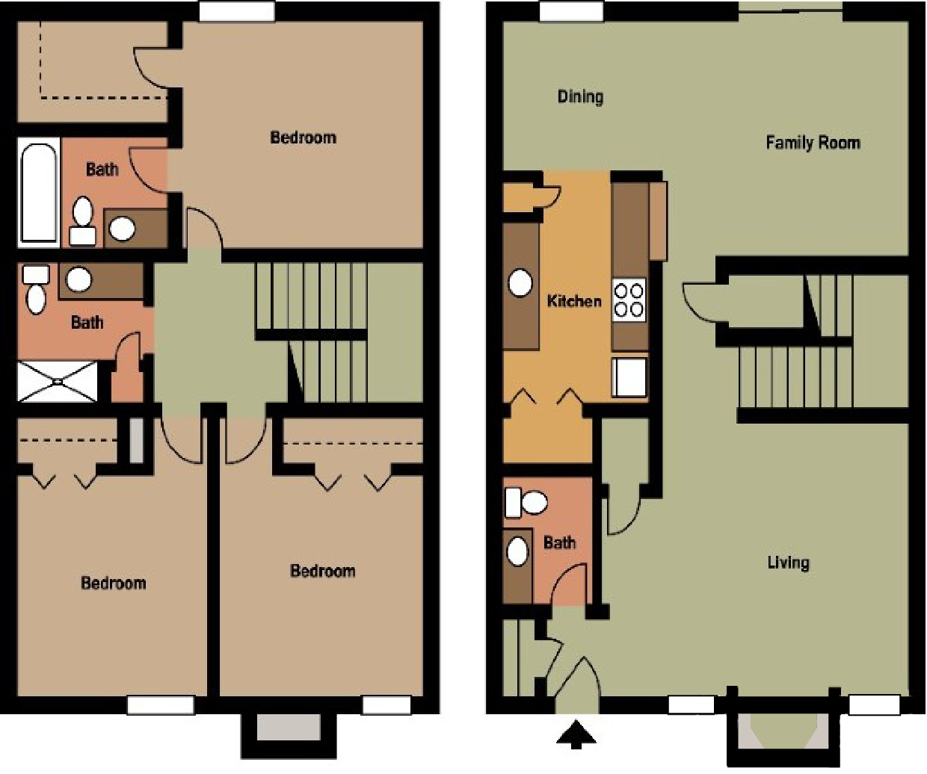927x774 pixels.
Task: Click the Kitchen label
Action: (x=573, y=301)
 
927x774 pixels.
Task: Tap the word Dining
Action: (x=580, y=96)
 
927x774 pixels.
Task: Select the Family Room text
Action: (x=813, y=142)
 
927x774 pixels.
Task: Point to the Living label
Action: (x=788, y=563)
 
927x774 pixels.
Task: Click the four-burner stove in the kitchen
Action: (x=629, y=300)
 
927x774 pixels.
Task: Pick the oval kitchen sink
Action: (x=520, y=283)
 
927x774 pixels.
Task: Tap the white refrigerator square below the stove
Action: (x=629, y=377)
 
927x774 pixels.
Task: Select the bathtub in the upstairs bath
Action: (x=38, y=191)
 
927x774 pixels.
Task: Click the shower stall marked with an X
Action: (x=57, y=382)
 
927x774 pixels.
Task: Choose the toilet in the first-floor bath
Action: (x=527, y=502)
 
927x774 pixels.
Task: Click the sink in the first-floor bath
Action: (x=517, y=552)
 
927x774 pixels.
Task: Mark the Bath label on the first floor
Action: (x=559, y=542)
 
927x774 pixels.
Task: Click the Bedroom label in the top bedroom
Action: (x=303, y=137)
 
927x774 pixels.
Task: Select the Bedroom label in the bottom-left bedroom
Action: (x=113, y=583)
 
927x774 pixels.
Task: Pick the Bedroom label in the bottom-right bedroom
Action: (x=322, y=571)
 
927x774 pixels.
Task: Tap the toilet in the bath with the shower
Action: (x=35, y=291)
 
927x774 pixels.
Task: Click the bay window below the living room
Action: (x=783, y=731)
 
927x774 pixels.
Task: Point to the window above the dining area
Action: (x=571, y=12)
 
